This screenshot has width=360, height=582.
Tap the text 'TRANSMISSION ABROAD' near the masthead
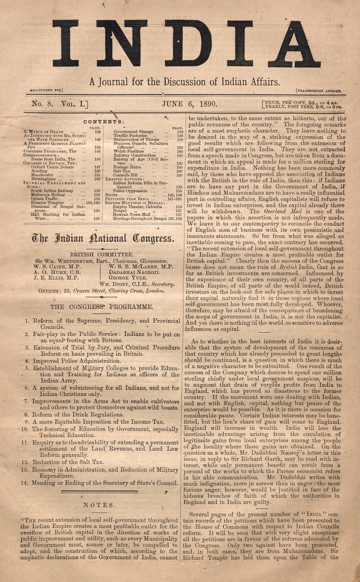(319, 91)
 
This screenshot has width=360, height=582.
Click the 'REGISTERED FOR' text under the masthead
(46, 91)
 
